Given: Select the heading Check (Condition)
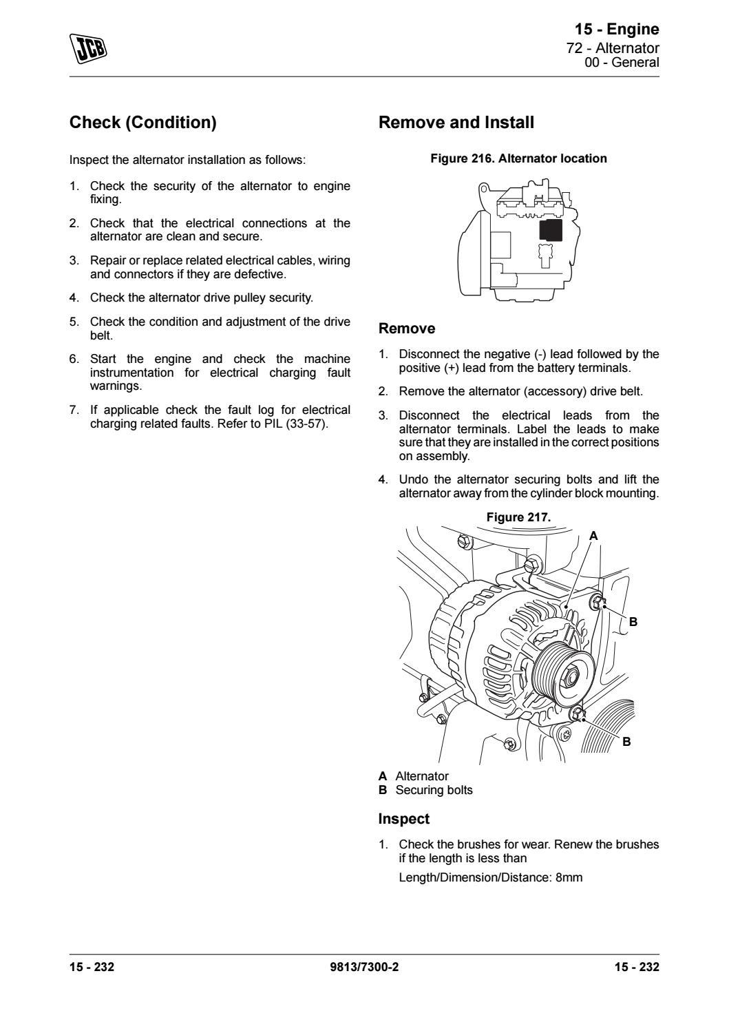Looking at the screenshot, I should tap(143, 123).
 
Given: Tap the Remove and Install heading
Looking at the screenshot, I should tap(456, 123).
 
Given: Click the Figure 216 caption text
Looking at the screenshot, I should tap(518, 158).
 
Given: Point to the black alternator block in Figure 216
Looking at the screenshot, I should tap(550, 231).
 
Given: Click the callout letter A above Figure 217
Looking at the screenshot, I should tap(593, 535).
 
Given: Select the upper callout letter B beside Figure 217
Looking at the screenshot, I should tap(633, 621).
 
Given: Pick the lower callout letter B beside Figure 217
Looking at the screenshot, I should tap(626, 742).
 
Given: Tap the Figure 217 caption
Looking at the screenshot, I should tap(518, 517).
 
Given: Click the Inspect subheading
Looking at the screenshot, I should tap(403, 819).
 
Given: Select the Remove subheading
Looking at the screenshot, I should tap(407, 329).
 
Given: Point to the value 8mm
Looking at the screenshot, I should tap(569, 877).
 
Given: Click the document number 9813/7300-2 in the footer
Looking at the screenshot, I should tap(364, 967).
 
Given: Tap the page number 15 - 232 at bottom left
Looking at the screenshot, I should tap(92, 967).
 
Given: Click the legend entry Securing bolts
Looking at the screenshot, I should tap(434, 790).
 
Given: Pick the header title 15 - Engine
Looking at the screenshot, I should tap(617, 29).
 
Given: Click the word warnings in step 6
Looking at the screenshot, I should tap(116, 386).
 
